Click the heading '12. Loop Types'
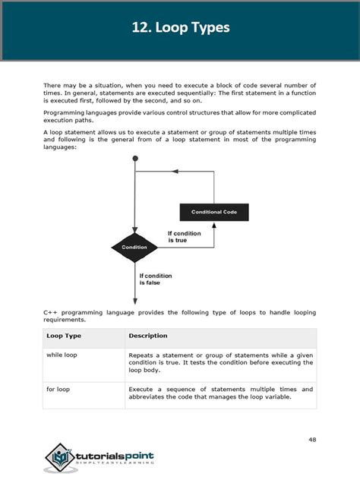[180, 28]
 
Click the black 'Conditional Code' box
[213, 212]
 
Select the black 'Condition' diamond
[134, 248]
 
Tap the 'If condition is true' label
[184, 237]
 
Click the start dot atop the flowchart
[134, 159]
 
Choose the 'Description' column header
[148, 336]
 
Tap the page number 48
[313, 439]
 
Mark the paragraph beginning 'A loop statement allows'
[179, 139]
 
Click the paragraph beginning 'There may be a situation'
[179, 92]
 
